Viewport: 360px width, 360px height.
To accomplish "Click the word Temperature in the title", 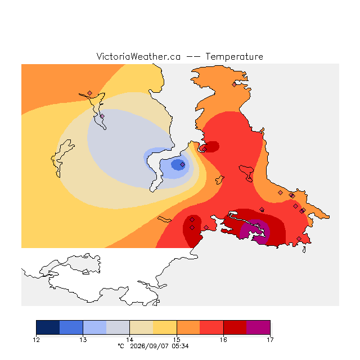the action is click(x=234, y=57).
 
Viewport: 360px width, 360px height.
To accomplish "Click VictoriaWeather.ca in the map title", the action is click(x=138, y=57).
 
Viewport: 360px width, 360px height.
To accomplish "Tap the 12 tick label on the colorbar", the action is click(x=36, y=340).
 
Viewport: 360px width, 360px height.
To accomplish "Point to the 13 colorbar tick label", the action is click(x=83, y=340).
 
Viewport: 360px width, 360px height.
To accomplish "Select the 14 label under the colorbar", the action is click(x=130, y=340).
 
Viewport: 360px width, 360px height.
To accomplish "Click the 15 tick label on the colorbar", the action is click(x=177, y=340).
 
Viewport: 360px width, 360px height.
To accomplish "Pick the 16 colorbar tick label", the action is click(x=223, y=340).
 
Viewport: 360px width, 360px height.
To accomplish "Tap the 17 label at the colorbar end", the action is click(x=270, y=340).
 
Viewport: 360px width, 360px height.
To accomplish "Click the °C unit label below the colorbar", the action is click(x=121, y=346).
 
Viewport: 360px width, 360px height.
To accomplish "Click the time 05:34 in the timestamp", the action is click(x=180, y=346).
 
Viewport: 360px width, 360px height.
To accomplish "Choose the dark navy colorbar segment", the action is click(x=48, y=327).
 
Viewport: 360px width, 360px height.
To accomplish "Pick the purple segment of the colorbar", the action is click(x=258, y=327).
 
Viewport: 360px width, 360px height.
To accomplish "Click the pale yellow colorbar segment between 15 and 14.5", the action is click(x=165, y=327).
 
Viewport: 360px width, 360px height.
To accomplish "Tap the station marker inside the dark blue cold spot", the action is click(x=182, y=164).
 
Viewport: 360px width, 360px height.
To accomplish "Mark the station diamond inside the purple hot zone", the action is click(x=258, y=225).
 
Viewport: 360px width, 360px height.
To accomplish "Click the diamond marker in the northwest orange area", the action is click(x=90, y=93).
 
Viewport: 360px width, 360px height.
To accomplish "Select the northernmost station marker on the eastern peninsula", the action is click(x=234, y=84).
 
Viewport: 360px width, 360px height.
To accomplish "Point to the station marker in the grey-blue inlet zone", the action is click(x=102, y=116).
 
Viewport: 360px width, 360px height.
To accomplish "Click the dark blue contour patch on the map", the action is click(x=178, y=165).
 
